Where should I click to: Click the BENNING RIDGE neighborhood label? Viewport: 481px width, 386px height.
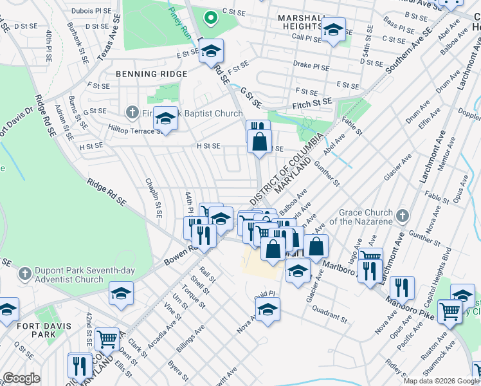152,74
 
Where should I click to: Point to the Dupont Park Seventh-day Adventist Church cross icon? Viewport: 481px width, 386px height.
25,273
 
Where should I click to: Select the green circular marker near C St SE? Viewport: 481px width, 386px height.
209,18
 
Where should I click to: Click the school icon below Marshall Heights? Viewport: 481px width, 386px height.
333,30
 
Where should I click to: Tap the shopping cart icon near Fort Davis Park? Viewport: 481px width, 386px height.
107,338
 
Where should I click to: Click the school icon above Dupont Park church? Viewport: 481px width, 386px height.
120,293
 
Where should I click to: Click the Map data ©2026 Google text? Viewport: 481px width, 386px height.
440,380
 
